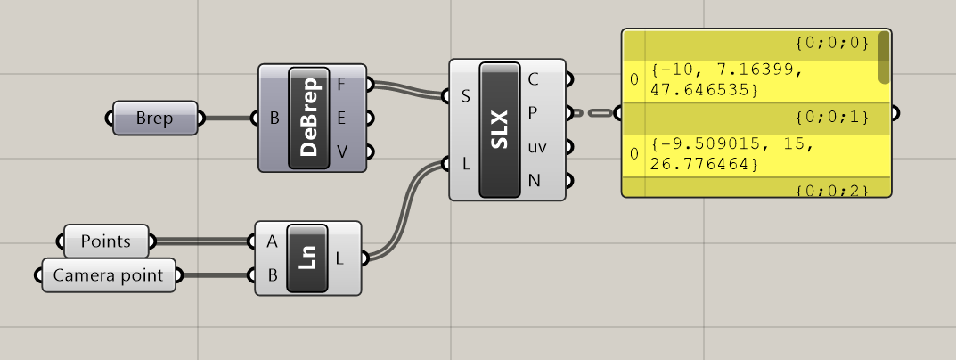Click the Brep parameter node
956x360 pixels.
(x=155, y=118)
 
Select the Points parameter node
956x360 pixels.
(x=106, y=241)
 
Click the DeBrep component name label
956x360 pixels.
(x=309, y=118)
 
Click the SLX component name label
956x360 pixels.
(x=499, y=130)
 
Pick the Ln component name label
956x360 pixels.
(x=306, y=258)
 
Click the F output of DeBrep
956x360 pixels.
(x=342, y=85)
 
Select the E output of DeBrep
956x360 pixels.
(x=342, y=118)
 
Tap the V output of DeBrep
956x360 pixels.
(x=342, y=151)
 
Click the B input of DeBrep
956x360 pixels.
(x=274, y=118)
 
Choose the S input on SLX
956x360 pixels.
(x=465, y=96)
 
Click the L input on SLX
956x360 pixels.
(x=465, y=164)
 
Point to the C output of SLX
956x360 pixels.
(x=533, y=79)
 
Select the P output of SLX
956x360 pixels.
(x=533, y=113)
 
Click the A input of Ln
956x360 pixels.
(x=271, y=241)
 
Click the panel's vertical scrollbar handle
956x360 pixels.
(x=884, y=56)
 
